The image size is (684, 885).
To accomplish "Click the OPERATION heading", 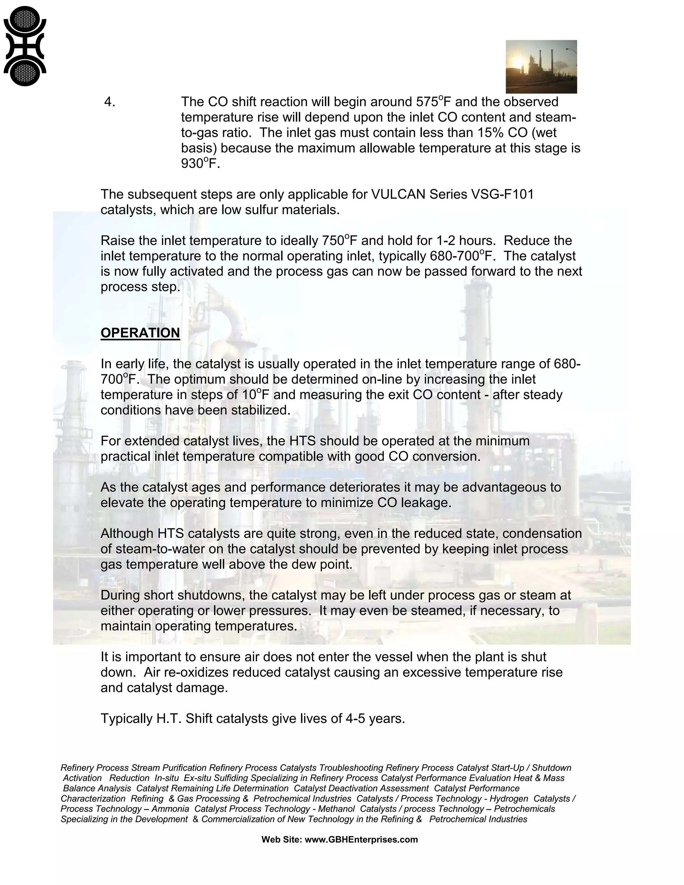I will click(140, 333).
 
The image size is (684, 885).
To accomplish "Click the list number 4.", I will click(110, 102).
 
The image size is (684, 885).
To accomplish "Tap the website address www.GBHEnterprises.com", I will click(361, 839).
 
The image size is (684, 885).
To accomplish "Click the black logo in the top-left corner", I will click(25, 46).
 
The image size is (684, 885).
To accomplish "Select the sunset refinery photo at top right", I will click(541, 66).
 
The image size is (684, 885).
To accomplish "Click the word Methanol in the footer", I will click(335, 809).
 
